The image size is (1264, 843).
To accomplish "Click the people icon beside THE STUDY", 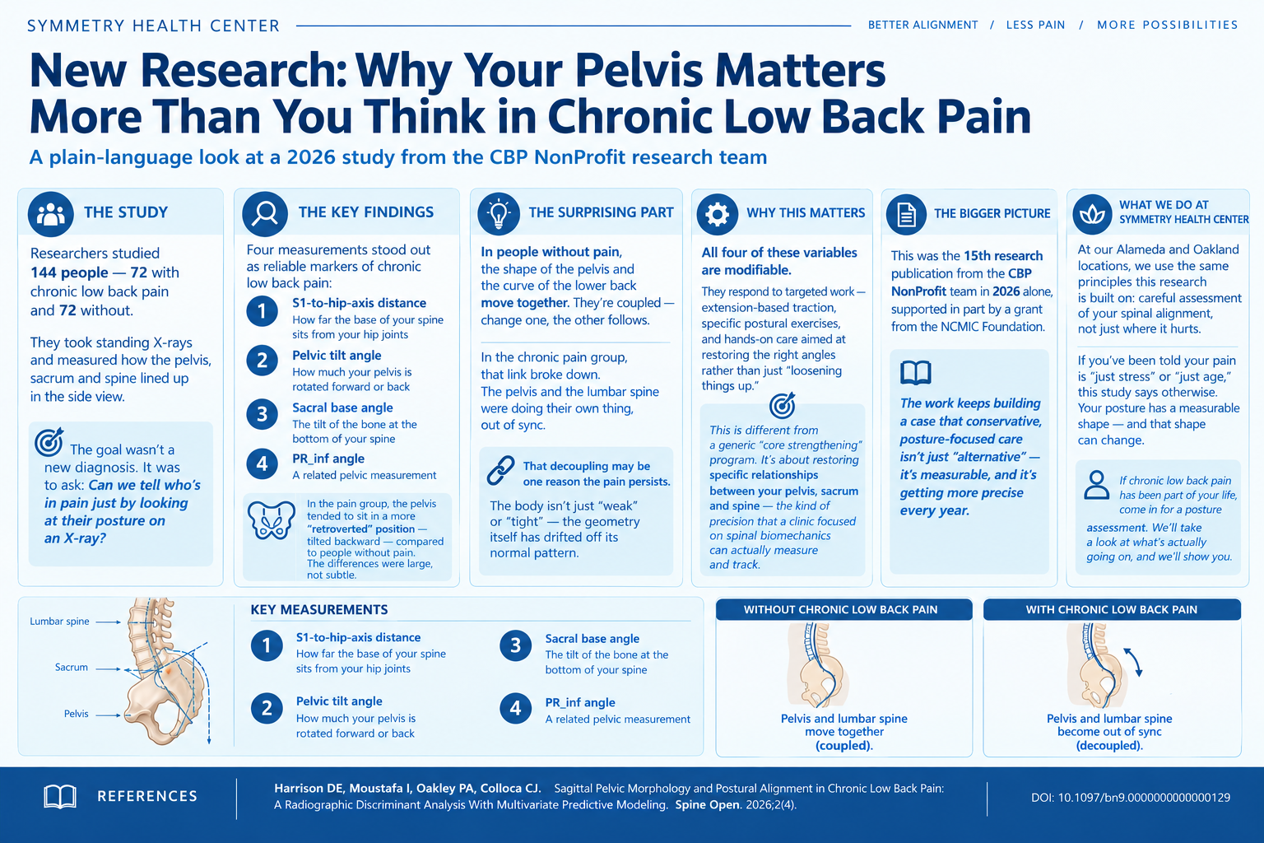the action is pyautogui.click(x=51, y=214).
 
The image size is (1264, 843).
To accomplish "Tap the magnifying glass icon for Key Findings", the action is pyautogui.click(x=265, y=214).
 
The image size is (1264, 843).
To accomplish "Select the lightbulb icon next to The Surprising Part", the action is pyautogui.click(x=499, y=214).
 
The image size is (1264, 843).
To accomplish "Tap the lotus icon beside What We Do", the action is pyautogui.click(x=1093, y=214).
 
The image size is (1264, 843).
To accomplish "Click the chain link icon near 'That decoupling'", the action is pyautogui.click(x=500, y=470).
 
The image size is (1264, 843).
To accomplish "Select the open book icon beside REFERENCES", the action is pyautogui.click(x=60, y=796).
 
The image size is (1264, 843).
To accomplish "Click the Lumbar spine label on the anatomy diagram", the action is pyautogui.click(x=59, y=621).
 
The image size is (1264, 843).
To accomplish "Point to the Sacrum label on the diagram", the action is pyautogui.click(x=71, y=668).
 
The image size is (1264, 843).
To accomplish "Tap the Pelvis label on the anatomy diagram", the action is pyautogui.click(x=77, y=714).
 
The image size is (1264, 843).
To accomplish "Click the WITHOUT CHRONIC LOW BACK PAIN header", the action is pyautogui.click(x=840, y=610).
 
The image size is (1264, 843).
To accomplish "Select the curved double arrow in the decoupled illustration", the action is pyautogui.click(x=1133, y=662).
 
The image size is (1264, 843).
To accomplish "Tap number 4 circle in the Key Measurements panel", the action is pyautogui.click(x=515, y=708).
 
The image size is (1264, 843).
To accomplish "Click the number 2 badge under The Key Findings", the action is pyautogui.click(x=262, y=361).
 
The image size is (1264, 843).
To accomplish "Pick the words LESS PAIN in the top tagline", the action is pyautogui.click(x=1035, y=25).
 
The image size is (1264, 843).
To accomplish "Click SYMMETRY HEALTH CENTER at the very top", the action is pyautogui.click(x=154, y=26).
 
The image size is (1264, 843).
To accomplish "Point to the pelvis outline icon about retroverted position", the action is pyautogui.click(x=272, y=519).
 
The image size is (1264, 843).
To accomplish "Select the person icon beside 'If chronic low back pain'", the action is pyautogui.click(x=1096, y=484).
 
